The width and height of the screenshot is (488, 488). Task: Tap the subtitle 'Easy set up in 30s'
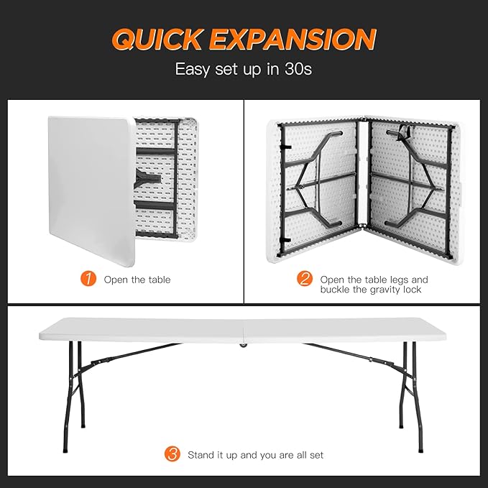click(244, 70)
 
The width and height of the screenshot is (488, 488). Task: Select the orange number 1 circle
click(88, 279)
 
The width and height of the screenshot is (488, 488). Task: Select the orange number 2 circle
click(304, 279)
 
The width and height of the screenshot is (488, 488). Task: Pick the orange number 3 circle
click(172, 454)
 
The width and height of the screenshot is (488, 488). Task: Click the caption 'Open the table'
click(137, 280)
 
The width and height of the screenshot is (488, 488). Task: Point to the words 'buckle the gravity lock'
click(370, 290)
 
